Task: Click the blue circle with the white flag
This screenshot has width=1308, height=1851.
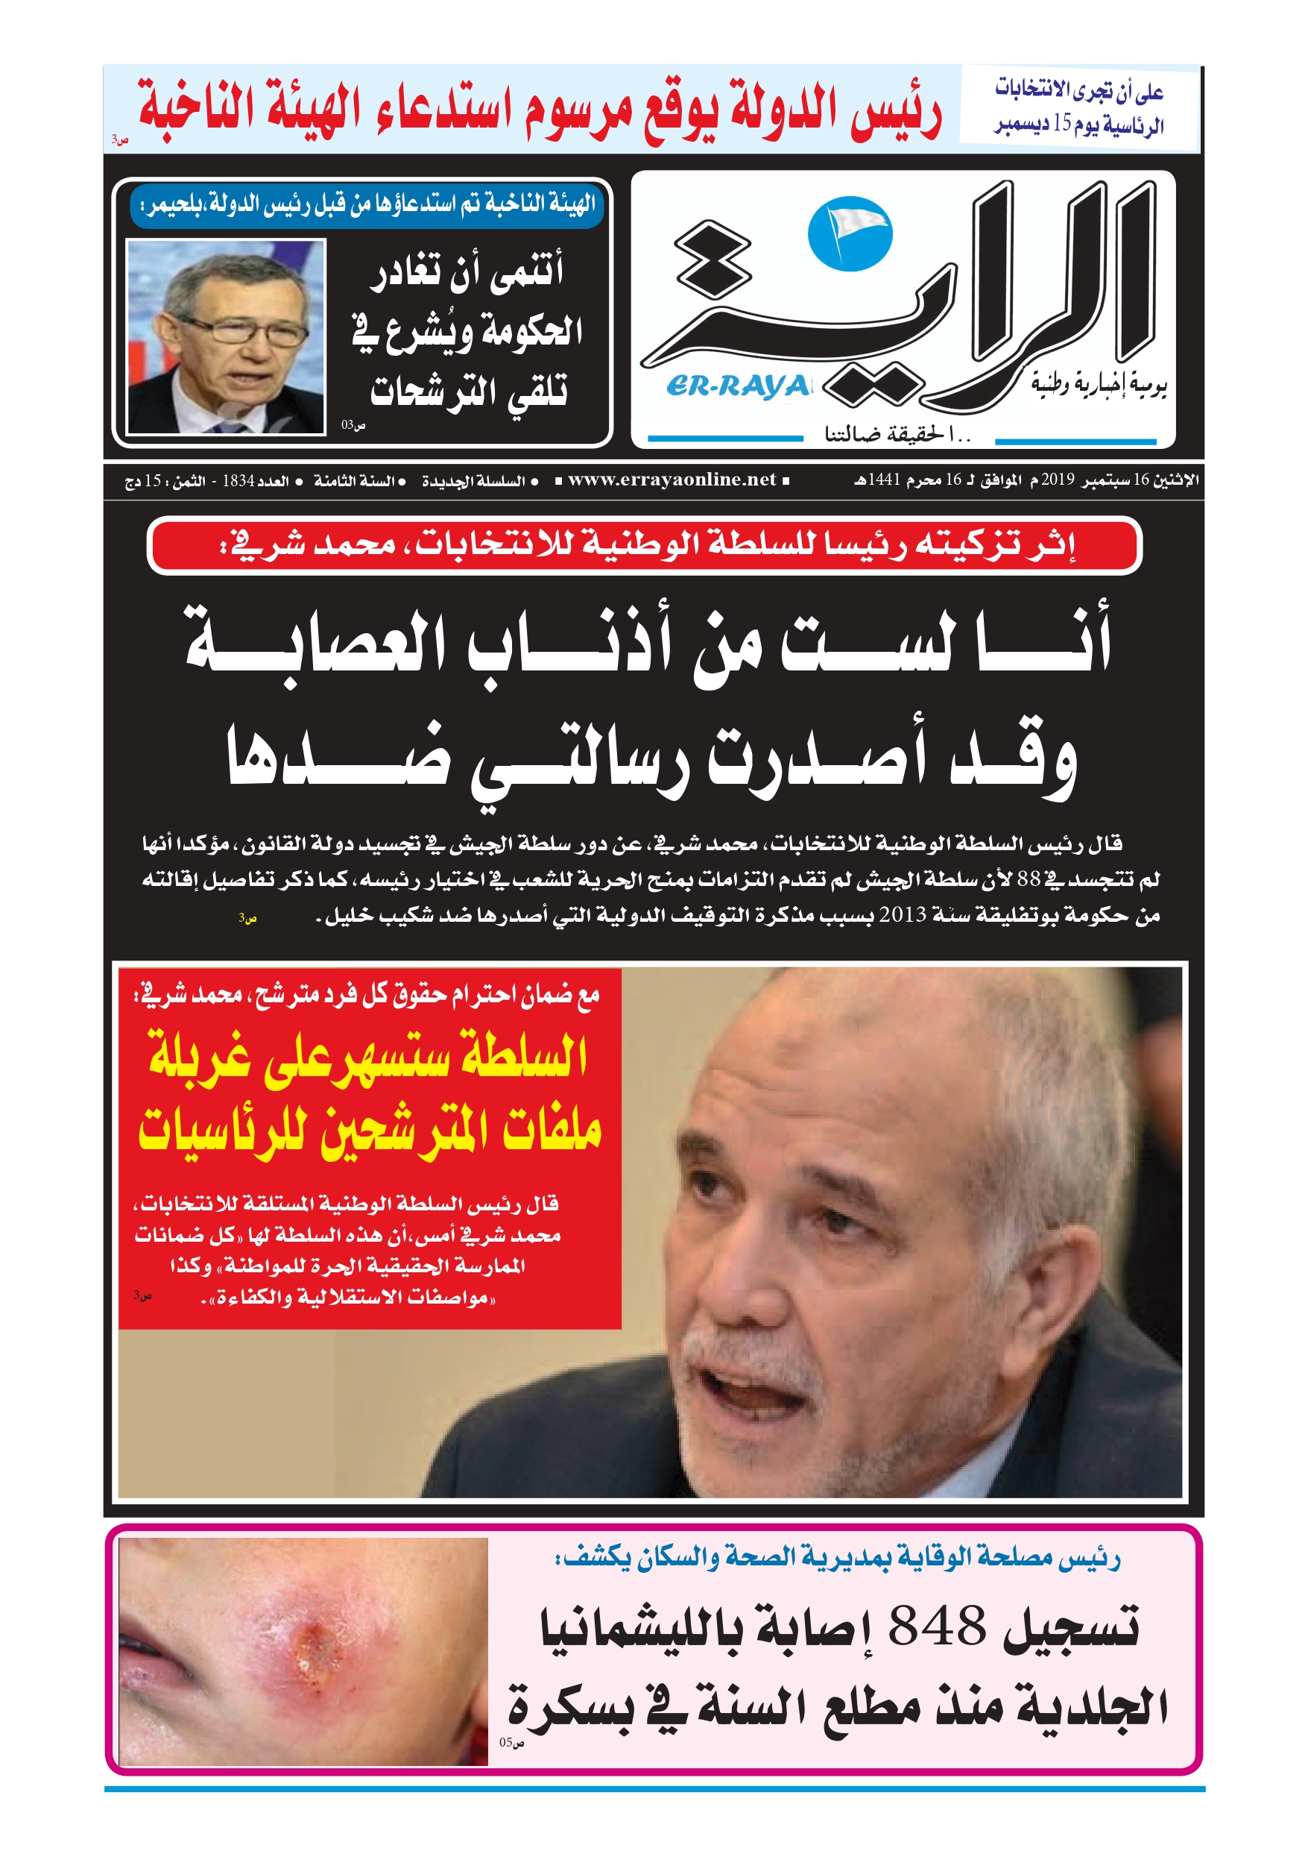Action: point(850,233)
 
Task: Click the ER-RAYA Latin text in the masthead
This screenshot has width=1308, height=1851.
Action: point(736,387)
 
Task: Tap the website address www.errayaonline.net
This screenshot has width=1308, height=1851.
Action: point(672,480)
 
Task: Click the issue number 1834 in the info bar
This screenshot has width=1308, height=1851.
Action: point(238,481)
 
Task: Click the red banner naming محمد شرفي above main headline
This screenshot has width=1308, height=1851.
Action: point(644,546)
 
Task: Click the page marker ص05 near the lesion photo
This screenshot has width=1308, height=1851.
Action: point(511,1742)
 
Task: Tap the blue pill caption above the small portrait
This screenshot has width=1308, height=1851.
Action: point(366,205)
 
